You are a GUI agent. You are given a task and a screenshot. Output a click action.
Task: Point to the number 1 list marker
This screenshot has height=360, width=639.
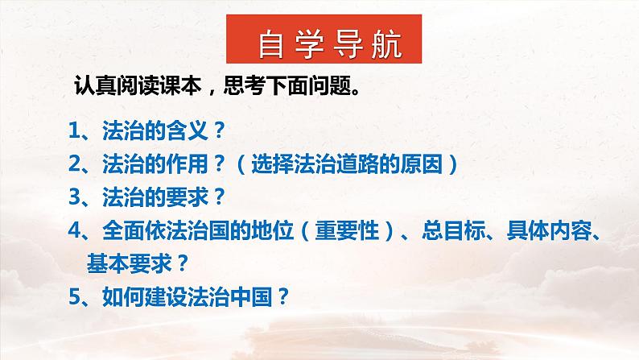(73, 130)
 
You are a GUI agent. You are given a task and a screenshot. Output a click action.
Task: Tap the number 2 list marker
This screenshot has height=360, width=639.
(73, 164)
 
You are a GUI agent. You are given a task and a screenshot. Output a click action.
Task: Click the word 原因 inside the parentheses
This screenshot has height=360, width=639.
(426, 164)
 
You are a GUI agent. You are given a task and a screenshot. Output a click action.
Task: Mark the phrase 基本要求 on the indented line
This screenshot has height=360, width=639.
(128, 263)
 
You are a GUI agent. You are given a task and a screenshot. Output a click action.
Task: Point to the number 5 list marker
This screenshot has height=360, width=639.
(73, 296)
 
